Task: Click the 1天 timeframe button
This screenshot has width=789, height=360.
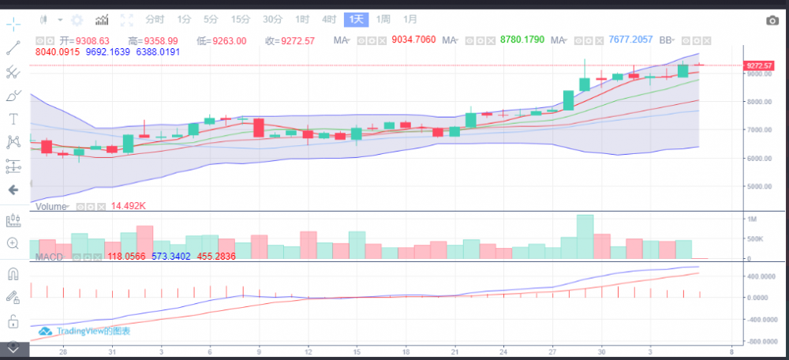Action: click(x=357, y=19)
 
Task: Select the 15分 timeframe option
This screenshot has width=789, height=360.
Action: click(x=241, y=19)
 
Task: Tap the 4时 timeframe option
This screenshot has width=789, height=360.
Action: click(x=330, y=19)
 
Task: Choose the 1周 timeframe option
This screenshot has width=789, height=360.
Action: click(x=383, y=19)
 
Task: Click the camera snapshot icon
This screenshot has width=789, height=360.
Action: click(x=772, y=21)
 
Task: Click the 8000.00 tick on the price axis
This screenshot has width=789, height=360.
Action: click(x=759, y=102)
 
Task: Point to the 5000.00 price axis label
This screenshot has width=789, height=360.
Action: click(x=759, y=187)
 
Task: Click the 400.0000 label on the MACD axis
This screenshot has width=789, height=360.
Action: click(x=761, y=276)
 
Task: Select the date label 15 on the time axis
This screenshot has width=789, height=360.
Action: click(x=357, y=351)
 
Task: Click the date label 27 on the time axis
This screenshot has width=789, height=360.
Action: click(x=552, y=351)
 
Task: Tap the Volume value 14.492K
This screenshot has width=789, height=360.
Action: click(x=128, y=206)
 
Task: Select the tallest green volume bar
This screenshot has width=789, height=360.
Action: click(x=585, y=236)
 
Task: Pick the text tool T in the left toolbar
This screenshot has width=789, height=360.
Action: click(x=13, y=118)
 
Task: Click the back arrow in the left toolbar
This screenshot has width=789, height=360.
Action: click(x=13, y=190)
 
